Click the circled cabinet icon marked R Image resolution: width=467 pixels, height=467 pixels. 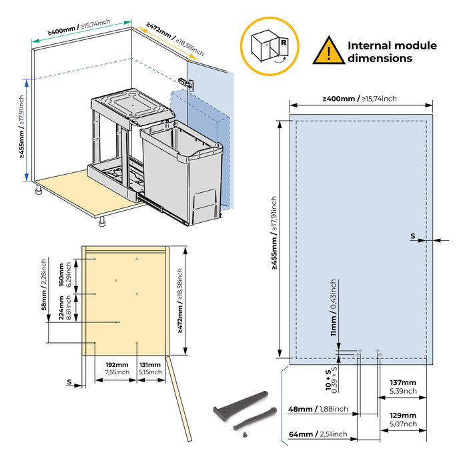[x=270, y=46]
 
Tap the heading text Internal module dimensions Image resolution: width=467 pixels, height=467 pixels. [x=392, y=52]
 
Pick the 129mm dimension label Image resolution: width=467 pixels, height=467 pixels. [x=403, y=420]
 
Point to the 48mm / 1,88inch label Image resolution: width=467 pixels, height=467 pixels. [x=318, y=409]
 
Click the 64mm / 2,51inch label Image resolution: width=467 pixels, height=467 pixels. [x=318, y=434]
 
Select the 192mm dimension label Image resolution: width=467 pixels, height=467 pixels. [x=117, y=368]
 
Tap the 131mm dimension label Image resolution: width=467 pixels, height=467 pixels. [x=149, y=368]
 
